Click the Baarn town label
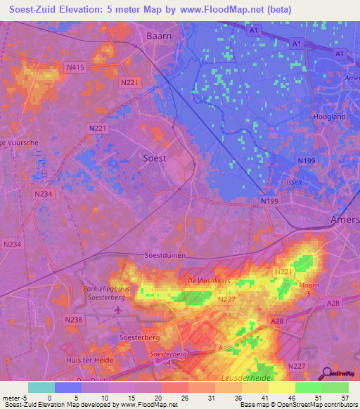pyautogui.click(x=159, y=35)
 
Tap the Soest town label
pyautogui.click(x=155, y=158)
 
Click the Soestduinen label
pyautogui.click(x=165, y=256)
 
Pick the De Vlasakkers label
pyautogui.click(x=209, y=281)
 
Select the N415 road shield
pyautogui.click(x=75, y=67)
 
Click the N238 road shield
pyautogui.click(x=73, y=320)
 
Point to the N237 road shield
pyautogui.click(x=226, y=300)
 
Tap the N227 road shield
pyautogui.click(x=296, y=365)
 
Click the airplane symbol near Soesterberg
pyautogui.click(x=117, y=309)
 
